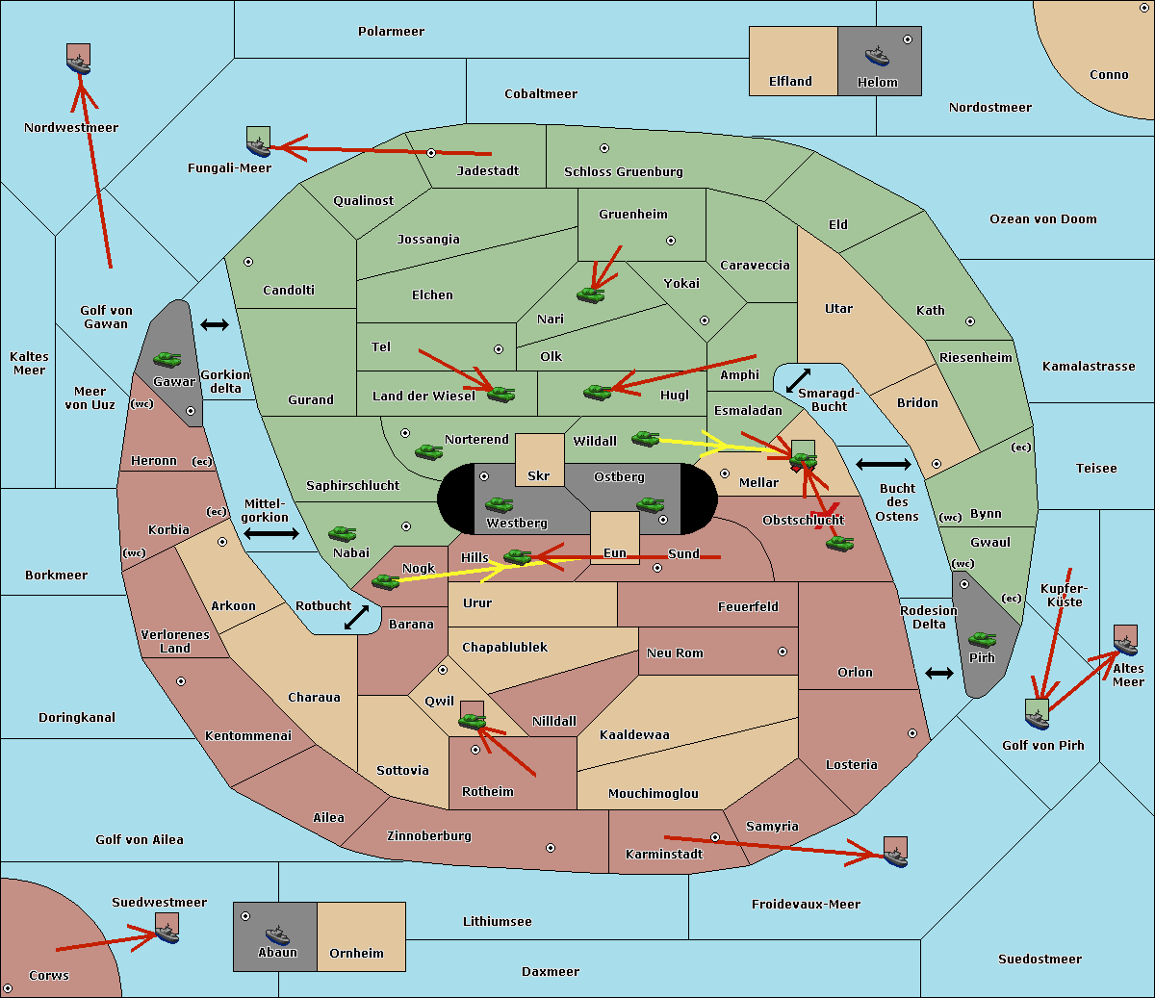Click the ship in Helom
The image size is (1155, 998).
coord(877,56)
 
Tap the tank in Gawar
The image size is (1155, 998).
coord(167,359)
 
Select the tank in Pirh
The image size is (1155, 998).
coord(983,639)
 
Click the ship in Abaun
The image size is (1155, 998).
coord(278,934)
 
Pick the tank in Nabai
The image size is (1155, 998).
coord(342,533)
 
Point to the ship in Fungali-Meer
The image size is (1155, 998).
coord(259,146)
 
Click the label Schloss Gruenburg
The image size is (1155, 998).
coord(624,171)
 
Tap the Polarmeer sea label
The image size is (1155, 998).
coord(391,32)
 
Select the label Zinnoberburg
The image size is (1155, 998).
coord(429,836)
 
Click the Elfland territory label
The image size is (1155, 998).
coord(790,82)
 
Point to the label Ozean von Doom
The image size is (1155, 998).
coord(1043,219)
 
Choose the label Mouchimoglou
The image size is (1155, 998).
coord(654,793)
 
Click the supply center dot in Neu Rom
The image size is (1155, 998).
coord(783,652)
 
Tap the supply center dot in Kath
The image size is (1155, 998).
coord(970,321)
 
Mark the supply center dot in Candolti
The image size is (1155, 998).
coord(248,262)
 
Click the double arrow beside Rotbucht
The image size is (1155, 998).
coord(356,617)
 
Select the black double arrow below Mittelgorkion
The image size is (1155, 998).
coord(271,533)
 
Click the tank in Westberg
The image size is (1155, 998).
coord(499,504)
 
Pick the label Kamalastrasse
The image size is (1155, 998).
coord(1089,367)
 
